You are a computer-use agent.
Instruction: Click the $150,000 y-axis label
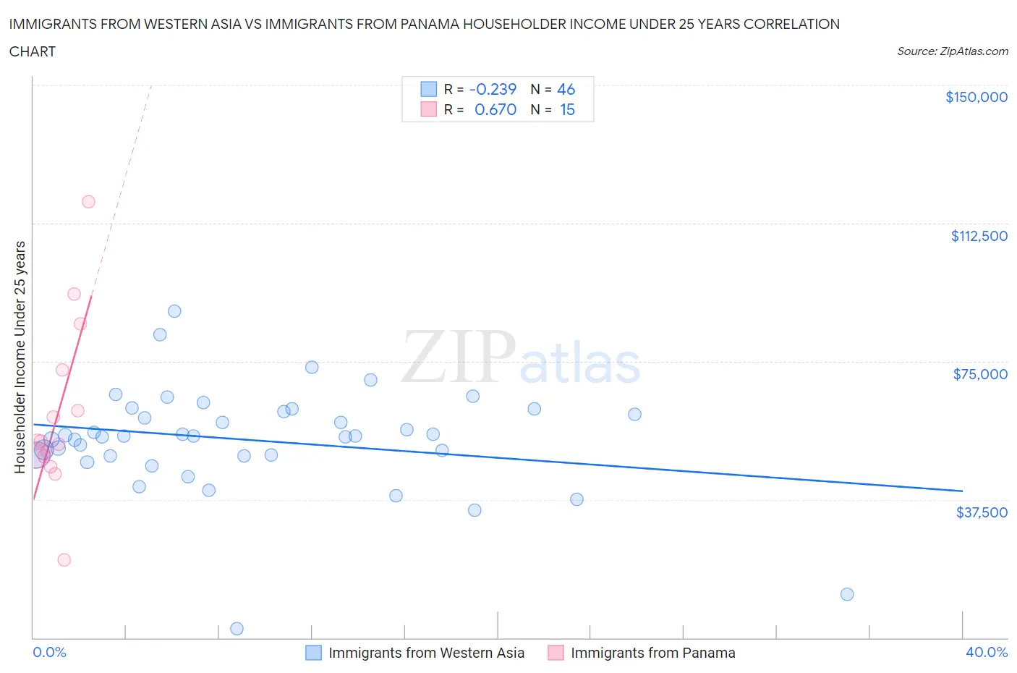[976, 97]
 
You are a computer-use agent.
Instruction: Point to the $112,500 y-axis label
[979, 236]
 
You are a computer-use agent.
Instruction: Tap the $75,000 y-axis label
[980, 374]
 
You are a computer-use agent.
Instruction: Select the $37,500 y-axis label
[981, 512]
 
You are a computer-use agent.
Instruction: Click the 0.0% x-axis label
[49, 652]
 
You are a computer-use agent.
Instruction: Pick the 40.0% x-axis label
[987, 652]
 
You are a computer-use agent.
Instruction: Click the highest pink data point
[88, 202]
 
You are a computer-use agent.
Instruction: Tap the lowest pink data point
[64, 559]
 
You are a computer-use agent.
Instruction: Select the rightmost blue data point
[847, 594]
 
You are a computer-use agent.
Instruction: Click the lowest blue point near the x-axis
[237, 628]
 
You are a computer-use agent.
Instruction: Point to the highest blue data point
[174, 311]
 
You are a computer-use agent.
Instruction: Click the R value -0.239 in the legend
[493, 89]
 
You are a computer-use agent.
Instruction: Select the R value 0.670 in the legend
[495, 109]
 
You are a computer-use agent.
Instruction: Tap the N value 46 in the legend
[566, 89]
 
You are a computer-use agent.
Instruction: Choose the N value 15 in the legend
[567, 109]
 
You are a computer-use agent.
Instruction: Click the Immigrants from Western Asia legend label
[426, 653]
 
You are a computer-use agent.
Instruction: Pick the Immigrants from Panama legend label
[652, 653]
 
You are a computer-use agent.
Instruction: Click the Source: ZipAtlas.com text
[952, 51]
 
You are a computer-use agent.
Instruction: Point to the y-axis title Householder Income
[20, 357]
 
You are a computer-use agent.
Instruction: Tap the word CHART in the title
[33, 51]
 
